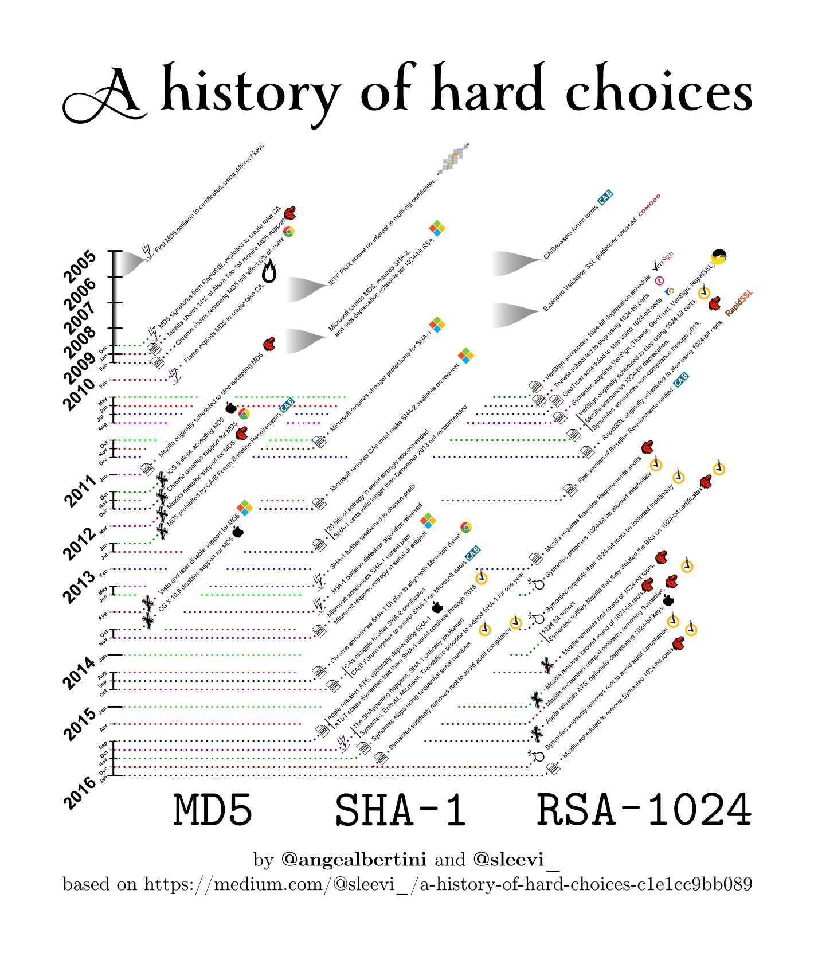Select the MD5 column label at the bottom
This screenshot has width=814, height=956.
click(213, 810)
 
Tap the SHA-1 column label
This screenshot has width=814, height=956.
click(400, 810)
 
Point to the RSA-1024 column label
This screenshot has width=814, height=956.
click(643, 810)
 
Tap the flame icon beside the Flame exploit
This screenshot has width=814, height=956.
click(269, 271)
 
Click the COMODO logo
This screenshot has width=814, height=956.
click(649, 205)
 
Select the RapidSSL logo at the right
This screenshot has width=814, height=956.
click(738, 304)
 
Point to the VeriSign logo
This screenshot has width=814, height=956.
click(663, 261)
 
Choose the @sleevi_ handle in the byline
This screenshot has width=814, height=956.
click(516, 860)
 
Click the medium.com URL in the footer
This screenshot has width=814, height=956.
click(447, 884)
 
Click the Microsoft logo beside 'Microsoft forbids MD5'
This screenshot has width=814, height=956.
click(437, 228)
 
